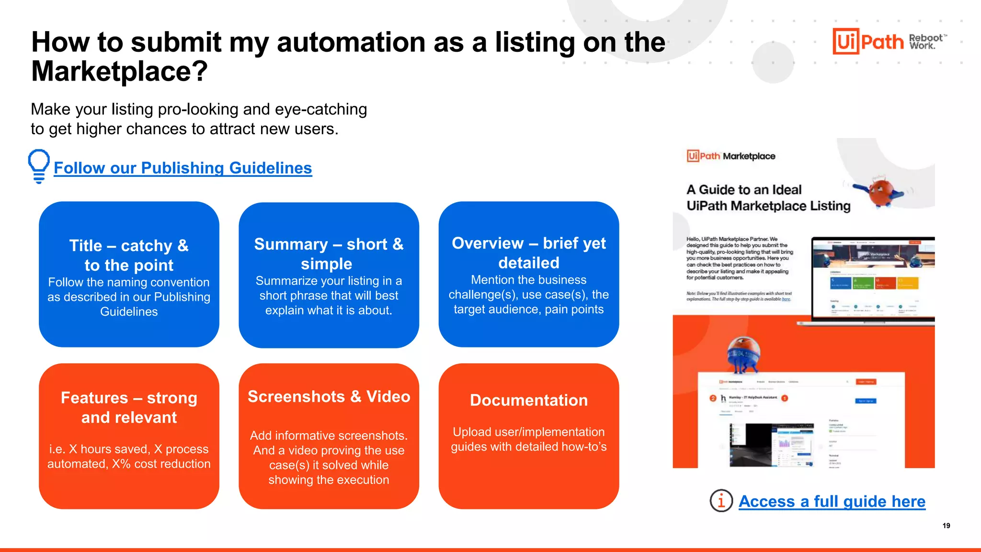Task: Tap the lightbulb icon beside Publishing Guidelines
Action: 39,166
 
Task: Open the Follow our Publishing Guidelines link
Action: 183,168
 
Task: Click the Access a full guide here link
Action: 832,501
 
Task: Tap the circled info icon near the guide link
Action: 721,501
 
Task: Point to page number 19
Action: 946,526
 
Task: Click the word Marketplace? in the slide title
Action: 120,71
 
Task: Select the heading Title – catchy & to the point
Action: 129,255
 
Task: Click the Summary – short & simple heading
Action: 329,253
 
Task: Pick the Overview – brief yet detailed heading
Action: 528,253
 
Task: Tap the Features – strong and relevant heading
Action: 129,407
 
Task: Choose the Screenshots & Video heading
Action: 329,397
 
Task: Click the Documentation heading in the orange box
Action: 528,400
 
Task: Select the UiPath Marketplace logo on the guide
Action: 731,156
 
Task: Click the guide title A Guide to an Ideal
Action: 743,190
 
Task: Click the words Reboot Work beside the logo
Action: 925,42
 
